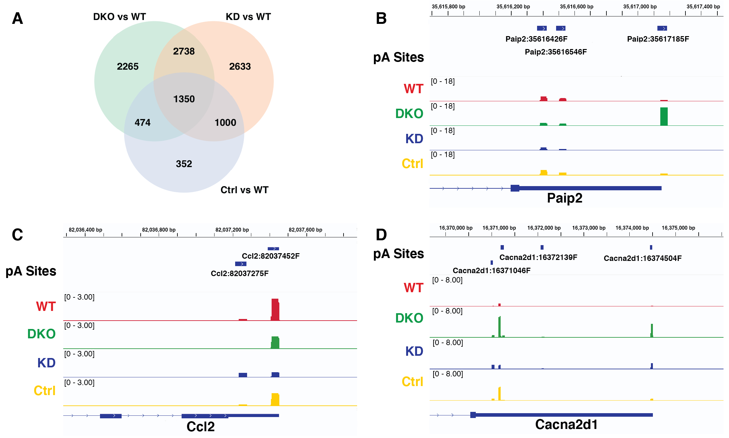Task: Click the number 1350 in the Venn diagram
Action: [x=184, y=99]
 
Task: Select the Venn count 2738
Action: [x=184, y=51]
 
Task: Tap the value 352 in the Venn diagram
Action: [x=184, y=164]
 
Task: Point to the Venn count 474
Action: [x=143, y=123]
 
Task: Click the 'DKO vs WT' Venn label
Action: [x=119, y=17]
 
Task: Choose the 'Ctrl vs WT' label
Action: [x=245, y=190]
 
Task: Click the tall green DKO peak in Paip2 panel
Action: [x=664, y=116]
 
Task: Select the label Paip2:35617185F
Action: [x=658, y=39]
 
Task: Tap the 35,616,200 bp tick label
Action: [x=513, y=7]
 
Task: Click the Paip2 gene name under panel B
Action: [x=564, y=198]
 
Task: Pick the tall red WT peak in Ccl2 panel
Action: [x=275, y=309]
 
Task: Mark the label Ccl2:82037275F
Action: [x=240, y=274]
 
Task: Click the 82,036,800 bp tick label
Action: [x=159, y=230]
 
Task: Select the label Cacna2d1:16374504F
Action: [x=643, y=258]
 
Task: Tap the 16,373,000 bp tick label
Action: [x=589, y=228]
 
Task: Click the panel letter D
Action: [x=381, y=235]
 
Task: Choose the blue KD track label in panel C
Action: [x=46, y=363]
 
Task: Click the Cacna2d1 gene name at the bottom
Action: [x=566, y=424]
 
